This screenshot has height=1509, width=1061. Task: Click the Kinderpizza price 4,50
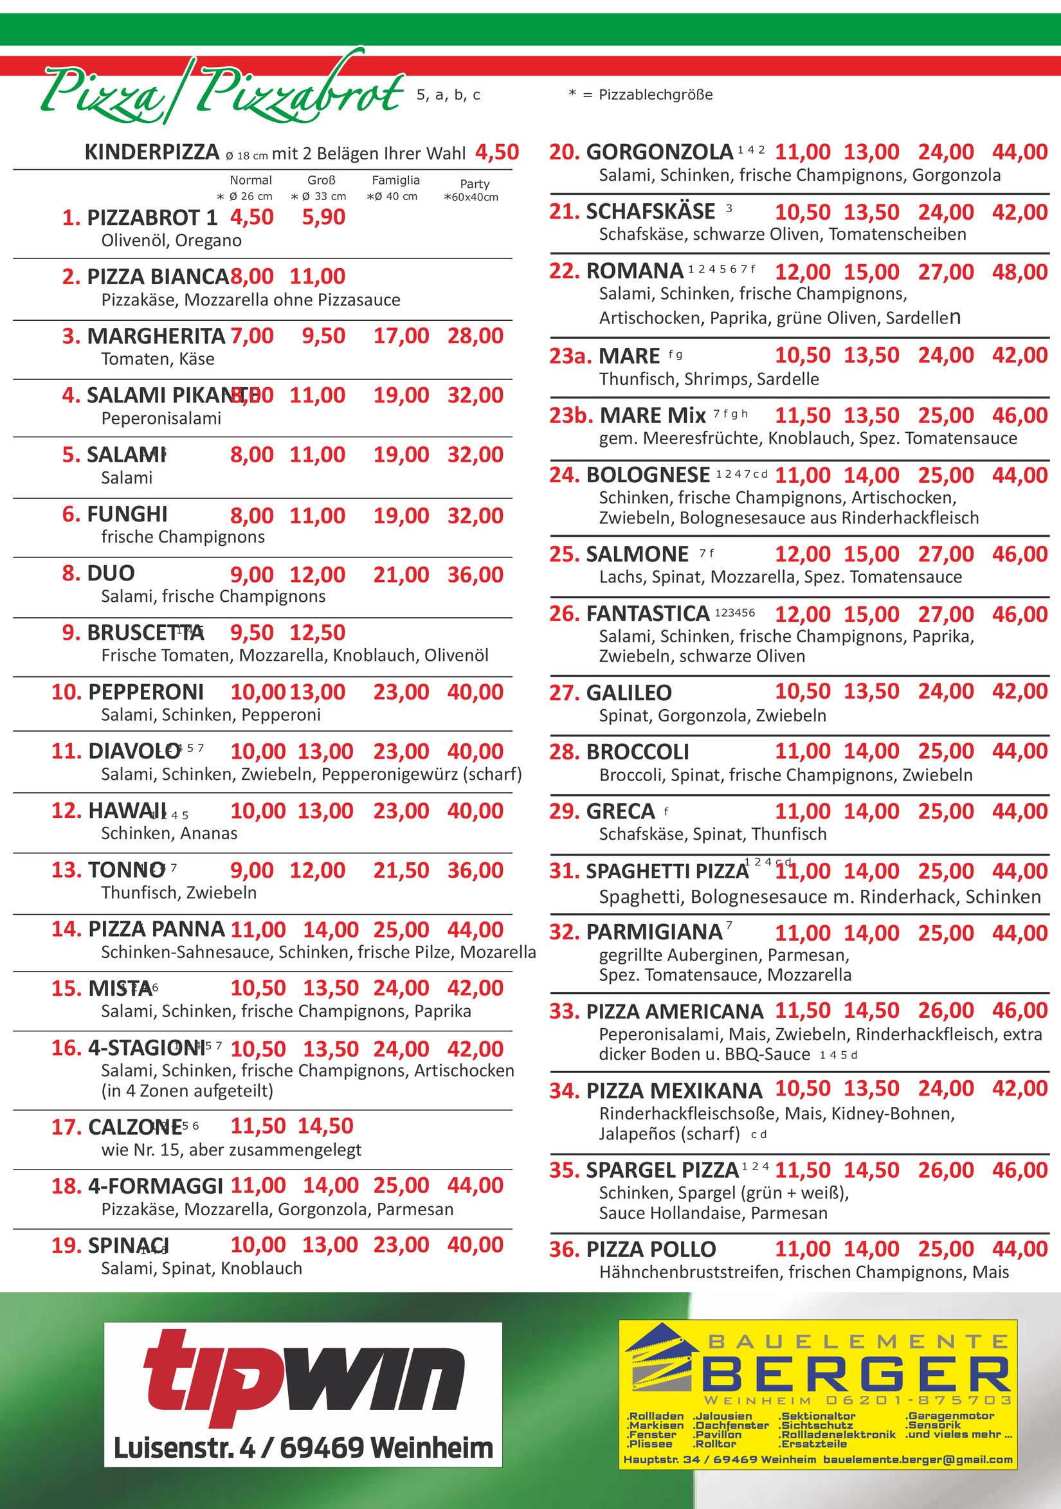(x=497, y=152)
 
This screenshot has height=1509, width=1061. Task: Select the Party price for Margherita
(x=475, y=336)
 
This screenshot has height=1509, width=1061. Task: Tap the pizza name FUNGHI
(x=127, y=514)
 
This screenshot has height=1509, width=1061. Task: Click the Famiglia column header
(x=395, y=180)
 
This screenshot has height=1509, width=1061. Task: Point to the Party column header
(x=475, y=184)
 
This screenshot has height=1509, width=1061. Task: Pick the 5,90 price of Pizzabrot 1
(x=323, y=217)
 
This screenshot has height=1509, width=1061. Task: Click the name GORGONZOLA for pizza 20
(x=659, y=152)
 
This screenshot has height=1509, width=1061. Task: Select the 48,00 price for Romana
(x=1020, y=272)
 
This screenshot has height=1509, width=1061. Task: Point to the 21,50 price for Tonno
(x=401, y=870)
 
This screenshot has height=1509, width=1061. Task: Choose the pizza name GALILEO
(x=628, y=692)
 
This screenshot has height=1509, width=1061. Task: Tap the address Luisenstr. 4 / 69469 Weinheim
(x=303, y=1448)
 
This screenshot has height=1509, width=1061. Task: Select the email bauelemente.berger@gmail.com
(x=918, y=1459)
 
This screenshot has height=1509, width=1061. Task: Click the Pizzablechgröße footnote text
(x=655, y=95)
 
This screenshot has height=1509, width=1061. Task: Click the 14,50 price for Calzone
(x=325, y=1126)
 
